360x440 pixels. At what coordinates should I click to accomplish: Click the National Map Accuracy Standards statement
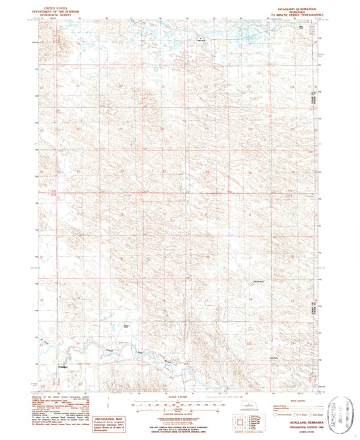tap(180, 420)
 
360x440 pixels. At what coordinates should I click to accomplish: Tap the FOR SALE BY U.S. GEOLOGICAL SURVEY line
tap(180, 424)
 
